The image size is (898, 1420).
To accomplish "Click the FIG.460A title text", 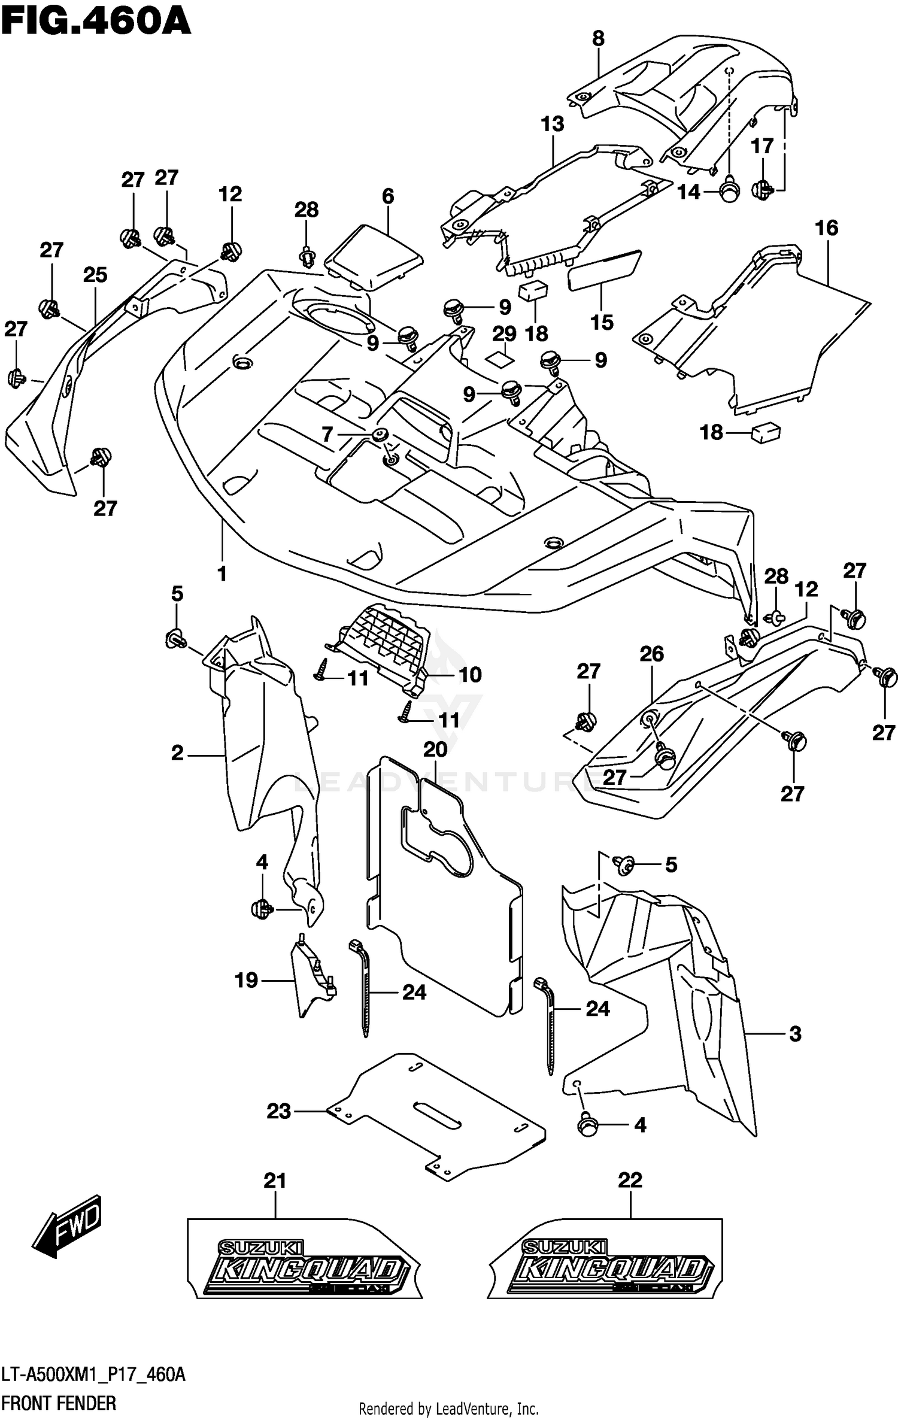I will coord(96,22).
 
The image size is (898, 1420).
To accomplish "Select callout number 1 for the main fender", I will coord(222,574).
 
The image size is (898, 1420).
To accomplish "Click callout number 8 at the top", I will coord(598,38).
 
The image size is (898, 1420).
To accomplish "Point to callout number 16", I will coord(826,228).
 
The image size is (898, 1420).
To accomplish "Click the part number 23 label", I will coord(278,1112).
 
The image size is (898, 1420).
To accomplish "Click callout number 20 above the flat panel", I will coord(435,750).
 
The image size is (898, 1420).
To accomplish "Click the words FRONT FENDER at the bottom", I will coord(59,1403).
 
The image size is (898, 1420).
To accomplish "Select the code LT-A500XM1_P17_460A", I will coord(93,1375).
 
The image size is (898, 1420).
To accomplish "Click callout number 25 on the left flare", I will coord(95,275).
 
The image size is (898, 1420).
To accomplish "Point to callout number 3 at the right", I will coord(795,1034).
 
